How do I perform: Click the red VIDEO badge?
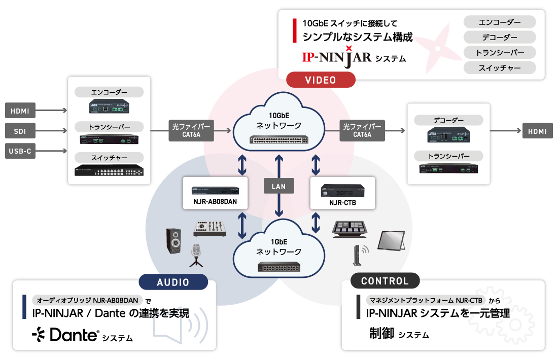(321, 80)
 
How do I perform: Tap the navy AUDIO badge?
(173, 282)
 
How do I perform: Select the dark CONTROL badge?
(385, 281)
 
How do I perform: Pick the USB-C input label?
(20, 151)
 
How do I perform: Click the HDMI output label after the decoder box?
(537, 131)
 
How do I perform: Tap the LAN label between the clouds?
(278, 186)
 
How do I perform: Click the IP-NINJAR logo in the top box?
(337, 57)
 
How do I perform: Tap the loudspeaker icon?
(173, 240)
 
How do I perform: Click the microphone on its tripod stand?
(196, 255)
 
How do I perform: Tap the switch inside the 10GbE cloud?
(278, 139)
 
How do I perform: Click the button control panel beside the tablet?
(354, 228)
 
